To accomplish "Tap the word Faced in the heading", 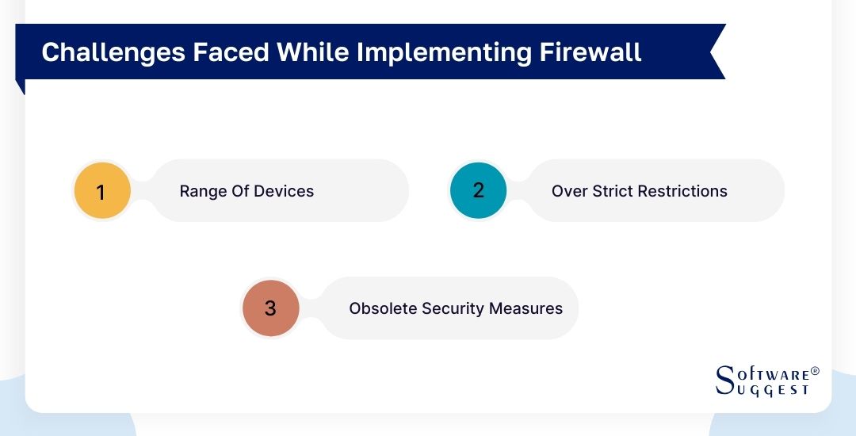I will [217, 52].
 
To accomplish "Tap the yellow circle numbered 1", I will [101, 191].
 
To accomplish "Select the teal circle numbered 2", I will [478, 190].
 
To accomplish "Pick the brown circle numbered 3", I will [270, 308].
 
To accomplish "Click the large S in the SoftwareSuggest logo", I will [725, 381].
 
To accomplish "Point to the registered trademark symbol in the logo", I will [815, 371].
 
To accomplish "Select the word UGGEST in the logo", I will [772, 390].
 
